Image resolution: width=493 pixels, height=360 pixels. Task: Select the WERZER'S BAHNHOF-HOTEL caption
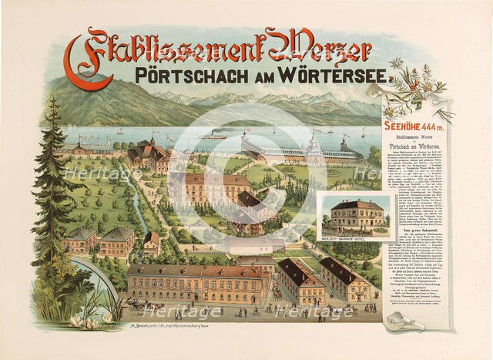(347, 239)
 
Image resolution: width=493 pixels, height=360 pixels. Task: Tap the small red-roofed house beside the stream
(152, 243)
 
